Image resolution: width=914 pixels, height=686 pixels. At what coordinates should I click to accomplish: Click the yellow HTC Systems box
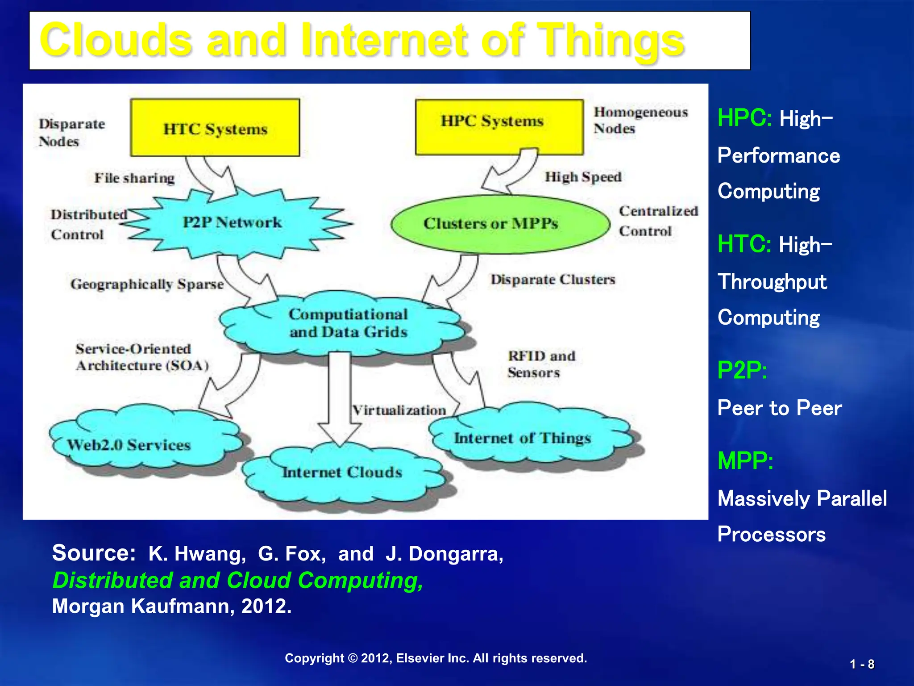(215, 128)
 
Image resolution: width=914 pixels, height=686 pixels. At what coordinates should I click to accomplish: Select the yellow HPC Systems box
(499, 127)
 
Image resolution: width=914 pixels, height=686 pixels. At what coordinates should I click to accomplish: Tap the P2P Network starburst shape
(233, 222)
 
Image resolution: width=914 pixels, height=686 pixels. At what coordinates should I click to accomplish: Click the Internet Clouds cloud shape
(342, 473)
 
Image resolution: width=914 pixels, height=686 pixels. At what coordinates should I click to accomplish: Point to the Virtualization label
(399, 410)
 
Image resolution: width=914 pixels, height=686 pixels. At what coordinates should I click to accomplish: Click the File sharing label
(134, 178)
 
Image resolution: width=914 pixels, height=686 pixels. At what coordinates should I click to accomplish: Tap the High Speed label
(583, 177)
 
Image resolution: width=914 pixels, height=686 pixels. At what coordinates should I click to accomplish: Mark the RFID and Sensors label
(541, 364)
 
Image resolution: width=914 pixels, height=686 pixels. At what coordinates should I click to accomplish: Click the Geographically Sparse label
(147, 284)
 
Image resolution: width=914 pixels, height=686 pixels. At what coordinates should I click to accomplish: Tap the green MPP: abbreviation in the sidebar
(745, 461)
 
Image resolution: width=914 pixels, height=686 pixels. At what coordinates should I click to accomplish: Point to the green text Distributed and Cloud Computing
(238, 580)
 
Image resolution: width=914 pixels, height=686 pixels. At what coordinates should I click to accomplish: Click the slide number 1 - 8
(862, 664)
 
